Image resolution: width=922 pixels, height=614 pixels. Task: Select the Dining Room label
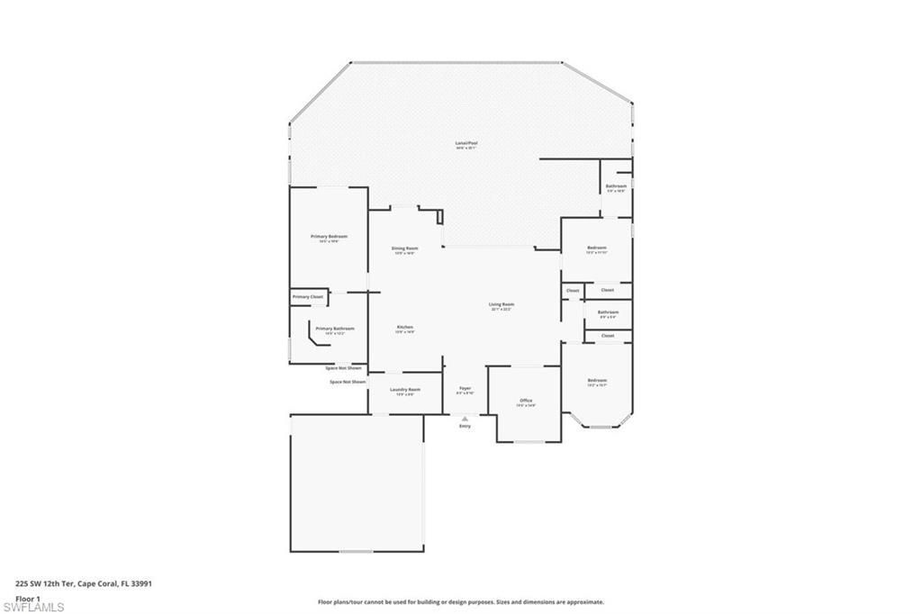point(404,249)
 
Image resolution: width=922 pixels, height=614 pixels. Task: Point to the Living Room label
point(501,306)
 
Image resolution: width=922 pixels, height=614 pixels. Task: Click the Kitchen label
point(404,328)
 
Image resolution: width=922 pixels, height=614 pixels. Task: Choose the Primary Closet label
point(307,296)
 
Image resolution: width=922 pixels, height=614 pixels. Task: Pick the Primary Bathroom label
point(334,330)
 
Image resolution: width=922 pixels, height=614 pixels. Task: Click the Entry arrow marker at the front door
point(465,418)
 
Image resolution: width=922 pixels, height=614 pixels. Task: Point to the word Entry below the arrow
point(465,426)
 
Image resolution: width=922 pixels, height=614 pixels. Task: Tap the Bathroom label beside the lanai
point(616,187)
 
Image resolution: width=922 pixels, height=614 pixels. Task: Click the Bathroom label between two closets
point(608,313)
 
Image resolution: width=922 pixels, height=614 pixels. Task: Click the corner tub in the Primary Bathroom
point(318,338)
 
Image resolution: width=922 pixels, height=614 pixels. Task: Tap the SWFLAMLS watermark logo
point(33,607)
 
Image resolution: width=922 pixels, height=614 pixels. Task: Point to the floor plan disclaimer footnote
point(460,602)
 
